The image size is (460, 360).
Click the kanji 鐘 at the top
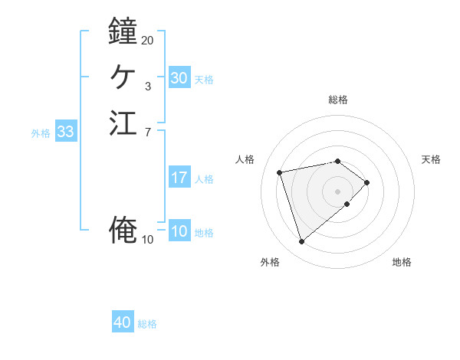[x=123, y=31]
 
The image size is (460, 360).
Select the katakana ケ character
[x=123, y=77]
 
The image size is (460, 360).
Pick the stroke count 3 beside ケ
[x=148, y=87]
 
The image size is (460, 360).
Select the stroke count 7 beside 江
[x=148, y=133]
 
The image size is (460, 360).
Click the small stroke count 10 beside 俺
[x=148, y=240]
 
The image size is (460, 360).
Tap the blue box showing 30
[x=179, y=78]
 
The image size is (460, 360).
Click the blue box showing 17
[x=179, y=178]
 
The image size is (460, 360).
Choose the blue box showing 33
[x=66, y=132]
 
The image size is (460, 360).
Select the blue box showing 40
[x=123, y=322]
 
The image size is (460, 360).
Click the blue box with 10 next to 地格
[x=179, y=231]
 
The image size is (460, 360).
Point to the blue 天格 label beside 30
[x=204, y=79]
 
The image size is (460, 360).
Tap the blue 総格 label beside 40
[x=147, y=324]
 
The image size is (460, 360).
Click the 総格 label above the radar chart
[x=338, y=100]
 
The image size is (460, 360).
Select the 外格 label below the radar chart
[x=270, y=263]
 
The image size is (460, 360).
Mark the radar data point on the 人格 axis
[x=280, y=172]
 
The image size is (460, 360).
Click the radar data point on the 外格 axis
[x=301, y=242]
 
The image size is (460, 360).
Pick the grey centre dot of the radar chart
[x=338, y=191]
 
